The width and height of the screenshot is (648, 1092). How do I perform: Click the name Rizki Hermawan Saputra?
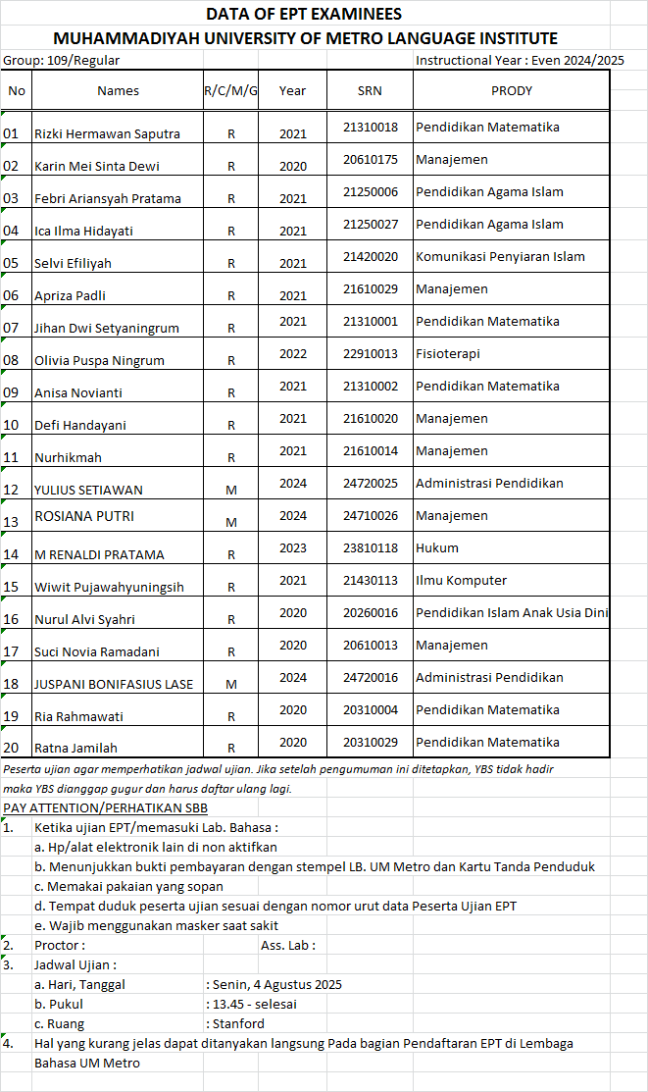pyautogui.click(x=107, y=133)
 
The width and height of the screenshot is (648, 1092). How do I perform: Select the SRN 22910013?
pyautogui.click(x=370, y=354)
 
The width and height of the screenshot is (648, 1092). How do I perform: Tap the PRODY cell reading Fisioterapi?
pyautogui.click(x=448, y=354)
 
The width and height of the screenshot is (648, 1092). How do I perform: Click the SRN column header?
pyautogui.click(x=370, y=91)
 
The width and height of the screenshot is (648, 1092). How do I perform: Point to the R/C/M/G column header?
pyautogui.click(x=230, y=91)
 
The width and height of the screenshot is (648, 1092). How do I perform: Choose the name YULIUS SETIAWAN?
pyautogui.click(x=88, y=490)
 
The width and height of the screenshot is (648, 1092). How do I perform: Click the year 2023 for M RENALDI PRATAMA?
pyautogui.click(x=292, y=548)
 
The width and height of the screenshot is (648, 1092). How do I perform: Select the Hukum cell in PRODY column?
pyautogui.click(x=437, y=548)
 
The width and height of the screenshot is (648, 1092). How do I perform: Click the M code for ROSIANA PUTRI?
pyautogui.click(x=231, y=522)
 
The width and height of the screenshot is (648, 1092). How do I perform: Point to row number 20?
pyautogui.click(x=12, y=748)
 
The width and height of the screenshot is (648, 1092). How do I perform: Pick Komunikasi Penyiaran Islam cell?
pyautogui.click(x=500, y=257)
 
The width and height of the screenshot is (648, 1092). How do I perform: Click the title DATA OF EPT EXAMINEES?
pyautogui.click(x=304, y=14)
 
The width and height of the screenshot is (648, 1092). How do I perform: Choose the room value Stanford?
pyautogui.click(x=239, y=1024)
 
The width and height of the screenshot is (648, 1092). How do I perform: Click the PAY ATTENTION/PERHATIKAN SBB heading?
pyautogui.click(x=105, y=808)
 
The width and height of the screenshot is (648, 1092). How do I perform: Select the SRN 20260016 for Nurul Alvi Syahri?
pyautogui.click(x=370, y=613)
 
